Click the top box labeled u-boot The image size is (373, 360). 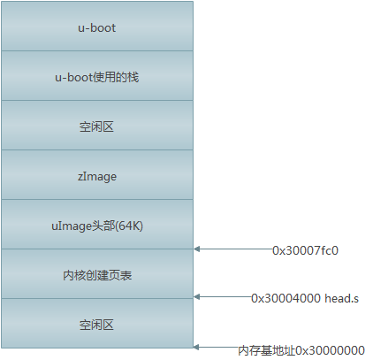[96, 27]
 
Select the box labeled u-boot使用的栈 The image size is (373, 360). [96, 76]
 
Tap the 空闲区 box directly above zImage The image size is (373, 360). [96, 126]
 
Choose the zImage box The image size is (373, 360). [96, 175]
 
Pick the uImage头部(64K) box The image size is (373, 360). [96, 225]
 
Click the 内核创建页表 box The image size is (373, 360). [96, 274]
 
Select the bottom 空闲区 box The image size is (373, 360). [96, 324]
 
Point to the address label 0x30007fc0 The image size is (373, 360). [305, 250]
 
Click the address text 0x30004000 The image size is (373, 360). [285, 299]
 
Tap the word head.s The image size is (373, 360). [342, 299]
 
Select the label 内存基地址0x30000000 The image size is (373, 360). [301, 350]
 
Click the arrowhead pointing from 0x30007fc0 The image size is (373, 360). [198, 249]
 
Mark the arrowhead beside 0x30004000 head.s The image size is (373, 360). [198, 297]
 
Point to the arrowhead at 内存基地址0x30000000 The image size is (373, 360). [198, 348]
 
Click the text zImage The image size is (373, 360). [96, 176]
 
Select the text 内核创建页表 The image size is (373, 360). [96, 275]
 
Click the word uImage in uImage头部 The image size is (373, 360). [70, 226]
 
